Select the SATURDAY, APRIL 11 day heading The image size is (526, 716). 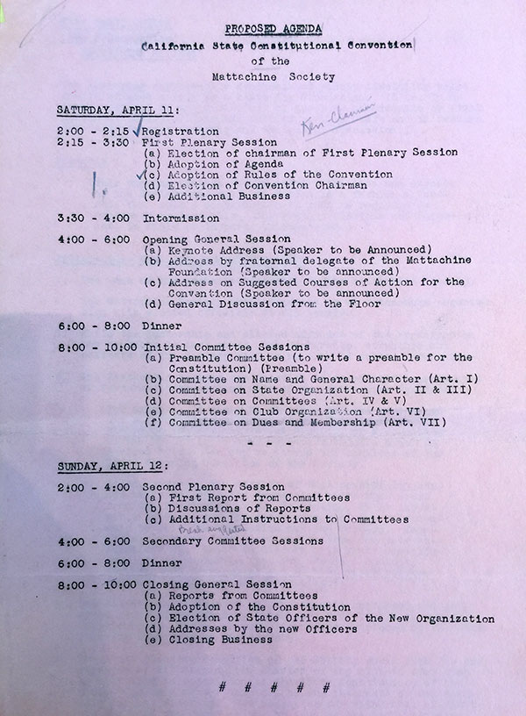point(118,110)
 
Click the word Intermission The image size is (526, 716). point(181,218)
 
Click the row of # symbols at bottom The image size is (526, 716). point(274,687)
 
